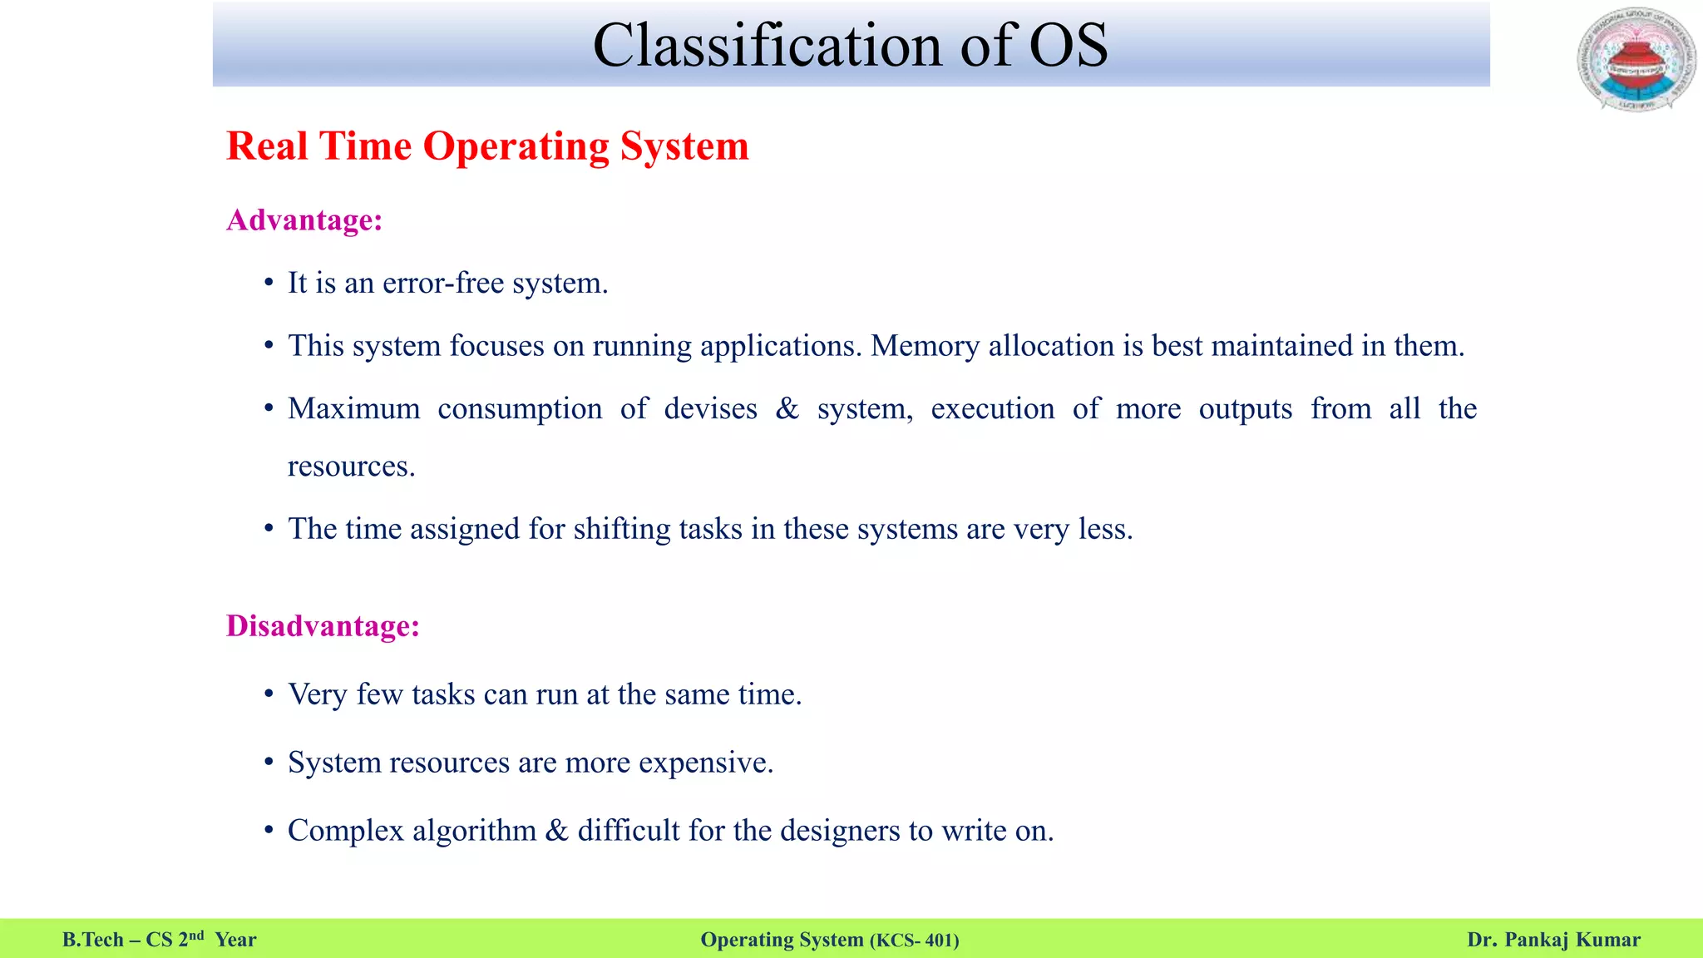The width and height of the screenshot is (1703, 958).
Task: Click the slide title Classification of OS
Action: point(850,45)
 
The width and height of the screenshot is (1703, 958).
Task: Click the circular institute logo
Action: point(1636,60)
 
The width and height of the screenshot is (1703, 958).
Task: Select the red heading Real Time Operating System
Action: point(487,146)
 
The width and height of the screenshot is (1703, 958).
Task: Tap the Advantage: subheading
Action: point(304,220)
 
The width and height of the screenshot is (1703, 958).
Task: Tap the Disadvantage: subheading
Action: point(323,626)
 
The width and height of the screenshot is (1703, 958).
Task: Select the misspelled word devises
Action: point(710,409)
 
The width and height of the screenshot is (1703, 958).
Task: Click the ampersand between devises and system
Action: point(787,409)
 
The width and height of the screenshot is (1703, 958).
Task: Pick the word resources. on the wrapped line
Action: point(351,467)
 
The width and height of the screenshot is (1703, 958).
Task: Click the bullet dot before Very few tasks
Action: point(269,694)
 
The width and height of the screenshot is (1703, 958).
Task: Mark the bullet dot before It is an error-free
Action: point(269,284)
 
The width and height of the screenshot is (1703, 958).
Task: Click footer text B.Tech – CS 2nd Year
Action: point(159,940)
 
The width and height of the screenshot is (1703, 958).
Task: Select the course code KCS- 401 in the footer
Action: point(914,941)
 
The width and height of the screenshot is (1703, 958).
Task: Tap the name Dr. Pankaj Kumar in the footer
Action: point(1553,940)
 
